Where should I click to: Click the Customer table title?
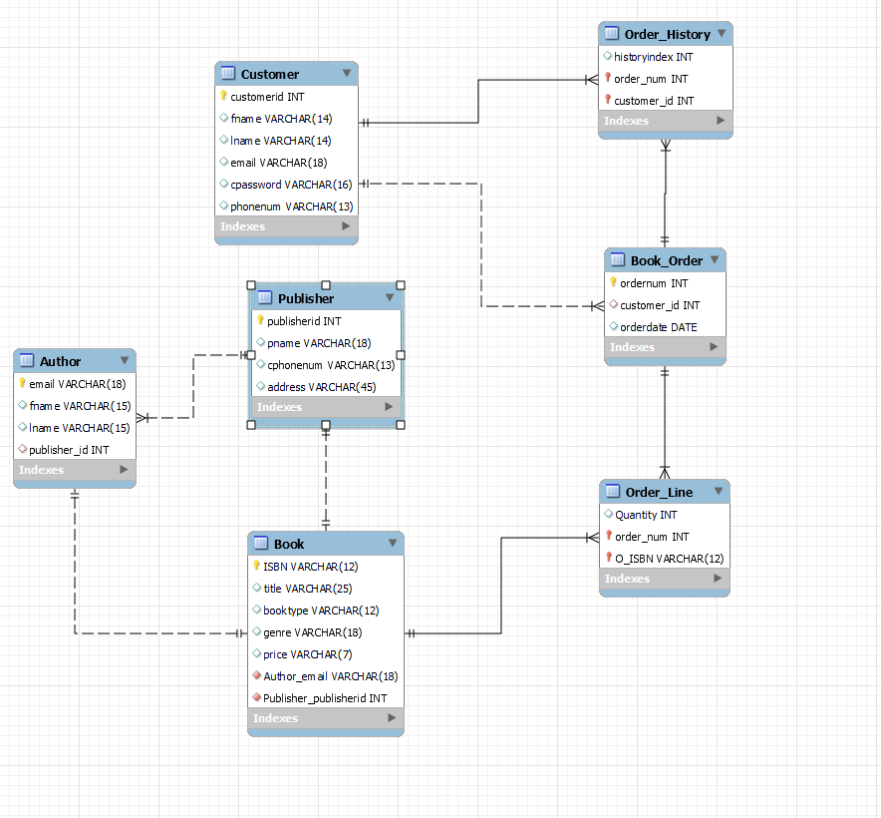tap(269, 74)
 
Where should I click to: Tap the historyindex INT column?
tap(655, 57)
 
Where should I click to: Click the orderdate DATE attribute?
tap(658, 327)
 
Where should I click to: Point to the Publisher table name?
tap(306, 298)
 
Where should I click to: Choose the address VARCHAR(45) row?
tap(321, 387)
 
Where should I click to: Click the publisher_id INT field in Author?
tap(69, 450)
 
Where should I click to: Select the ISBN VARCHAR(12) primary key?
tap(310, 567)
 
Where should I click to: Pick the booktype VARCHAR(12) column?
tap(321, 611)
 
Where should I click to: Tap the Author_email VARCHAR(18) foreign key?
tap(331, 676)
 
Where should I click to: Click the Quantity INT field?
tap(645, 515)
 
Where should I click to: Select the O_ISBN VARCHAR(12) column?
tap(669, 559)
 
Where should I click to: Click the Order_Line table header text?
tap(658, 492)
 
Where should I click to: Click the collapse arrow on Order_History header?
tap(721, 33)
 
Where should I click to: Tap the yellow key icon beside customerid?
tap(224, 97)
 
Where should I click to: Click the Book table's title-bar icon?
tap(261, 544)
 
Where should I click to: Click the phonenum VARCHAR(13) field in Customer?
tap(291, 206)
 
